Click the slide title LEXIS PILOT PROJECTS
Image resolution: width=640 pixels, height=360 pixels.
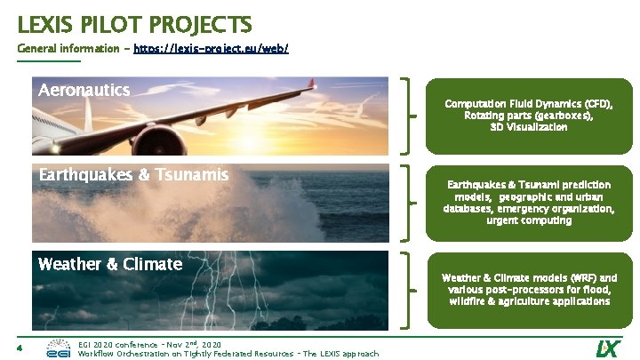[x=134, y=23]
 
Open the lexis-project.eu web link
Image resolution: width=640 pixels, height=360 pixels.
[x=211, y=48]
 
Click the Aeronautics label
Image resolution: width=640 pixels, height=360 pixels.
[x=84, y=90]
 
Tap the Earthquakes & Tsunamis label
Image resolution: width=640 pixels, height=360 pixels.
[x=133, y=175]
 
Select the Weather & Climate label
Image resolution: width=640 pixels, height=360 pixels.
[x=110, y=264]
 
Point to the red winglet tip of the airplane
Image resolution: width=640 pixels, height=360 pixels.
[x=311, y=84]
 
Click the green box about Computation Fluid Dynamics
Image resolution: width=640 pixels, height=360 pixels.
[x=528, y=116]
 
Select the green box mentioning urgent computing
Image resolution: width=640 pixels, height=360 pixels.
[x=528, y=202]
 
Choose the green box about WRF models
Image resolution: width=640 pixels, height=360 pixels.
[x=528, y=290]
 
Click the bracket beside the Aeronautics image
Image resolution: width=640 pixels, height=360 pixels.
[x=410, y=116]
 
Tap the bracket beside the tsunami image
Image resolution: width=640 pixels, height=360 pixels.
[x=410, y=203]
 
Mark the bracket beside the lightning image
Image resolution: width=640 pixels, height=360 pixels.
[x=410, y=290]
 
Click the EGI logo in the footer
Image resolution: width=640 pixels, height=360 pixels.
[x=59, y=348]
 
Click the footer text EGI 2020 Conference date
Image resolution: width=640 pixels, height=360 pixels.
[x=149, y=343]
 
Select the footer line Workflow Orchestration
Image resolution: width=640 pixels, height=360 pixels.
[x=228, y=354]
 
